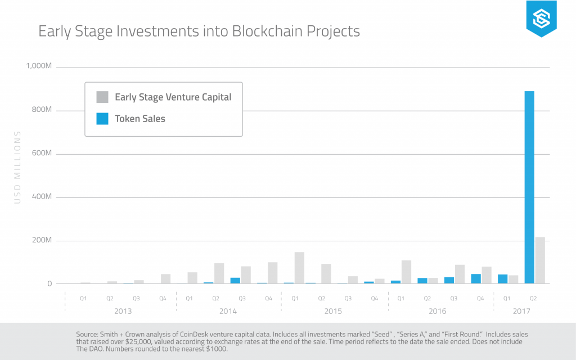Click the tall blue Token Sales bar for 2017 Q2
[x=529, y=187]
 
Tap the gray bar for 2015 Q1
[x=299, y=268]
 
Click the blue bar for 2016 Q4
[x=476, y=278]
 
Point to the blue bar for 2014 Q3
[x=235, y=280]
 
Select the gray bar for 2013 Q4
[x=165, y=279]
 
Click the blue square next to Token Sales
[x=102, y=119]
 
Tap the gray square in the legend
[x=102, y=97]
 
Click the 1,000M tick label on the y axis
[x=39, y=67]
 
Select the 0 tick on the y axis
[x=49, y=284]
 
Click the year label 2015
[x=332, y=311]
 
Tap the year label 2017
[x=521, y=311]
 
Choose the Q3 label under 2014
[x=241, y=299]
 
